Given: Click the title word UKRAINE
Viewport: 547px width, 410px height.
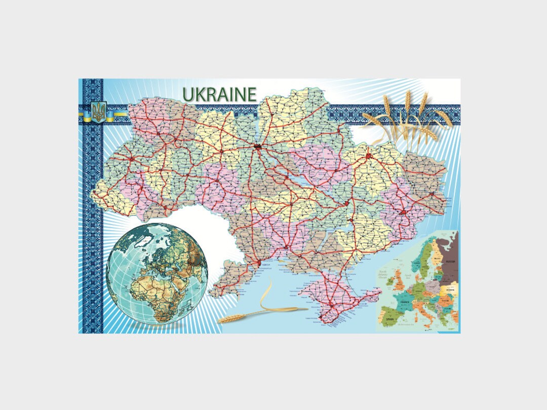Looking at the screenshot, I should [x=219, y=94].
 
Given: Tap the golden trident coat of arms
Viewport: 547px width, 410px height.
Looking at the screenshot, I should [x=98, y=111].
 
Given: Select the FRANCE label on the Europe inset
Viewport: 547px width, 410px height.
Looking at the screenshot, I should [x=405, y=302].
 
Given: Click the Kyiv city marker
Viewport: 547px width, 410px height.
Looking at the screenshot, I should [x=258, y=147].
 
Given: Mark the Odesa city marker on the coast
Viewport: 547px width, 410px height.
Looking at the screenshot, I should [x=260, y=263].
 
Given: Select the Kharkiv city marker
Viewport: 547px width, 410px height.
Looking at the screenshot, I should [x=368, y=157].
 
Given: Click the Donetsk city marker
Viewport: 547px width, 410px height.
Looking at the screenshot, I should [x=403, y=212].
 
